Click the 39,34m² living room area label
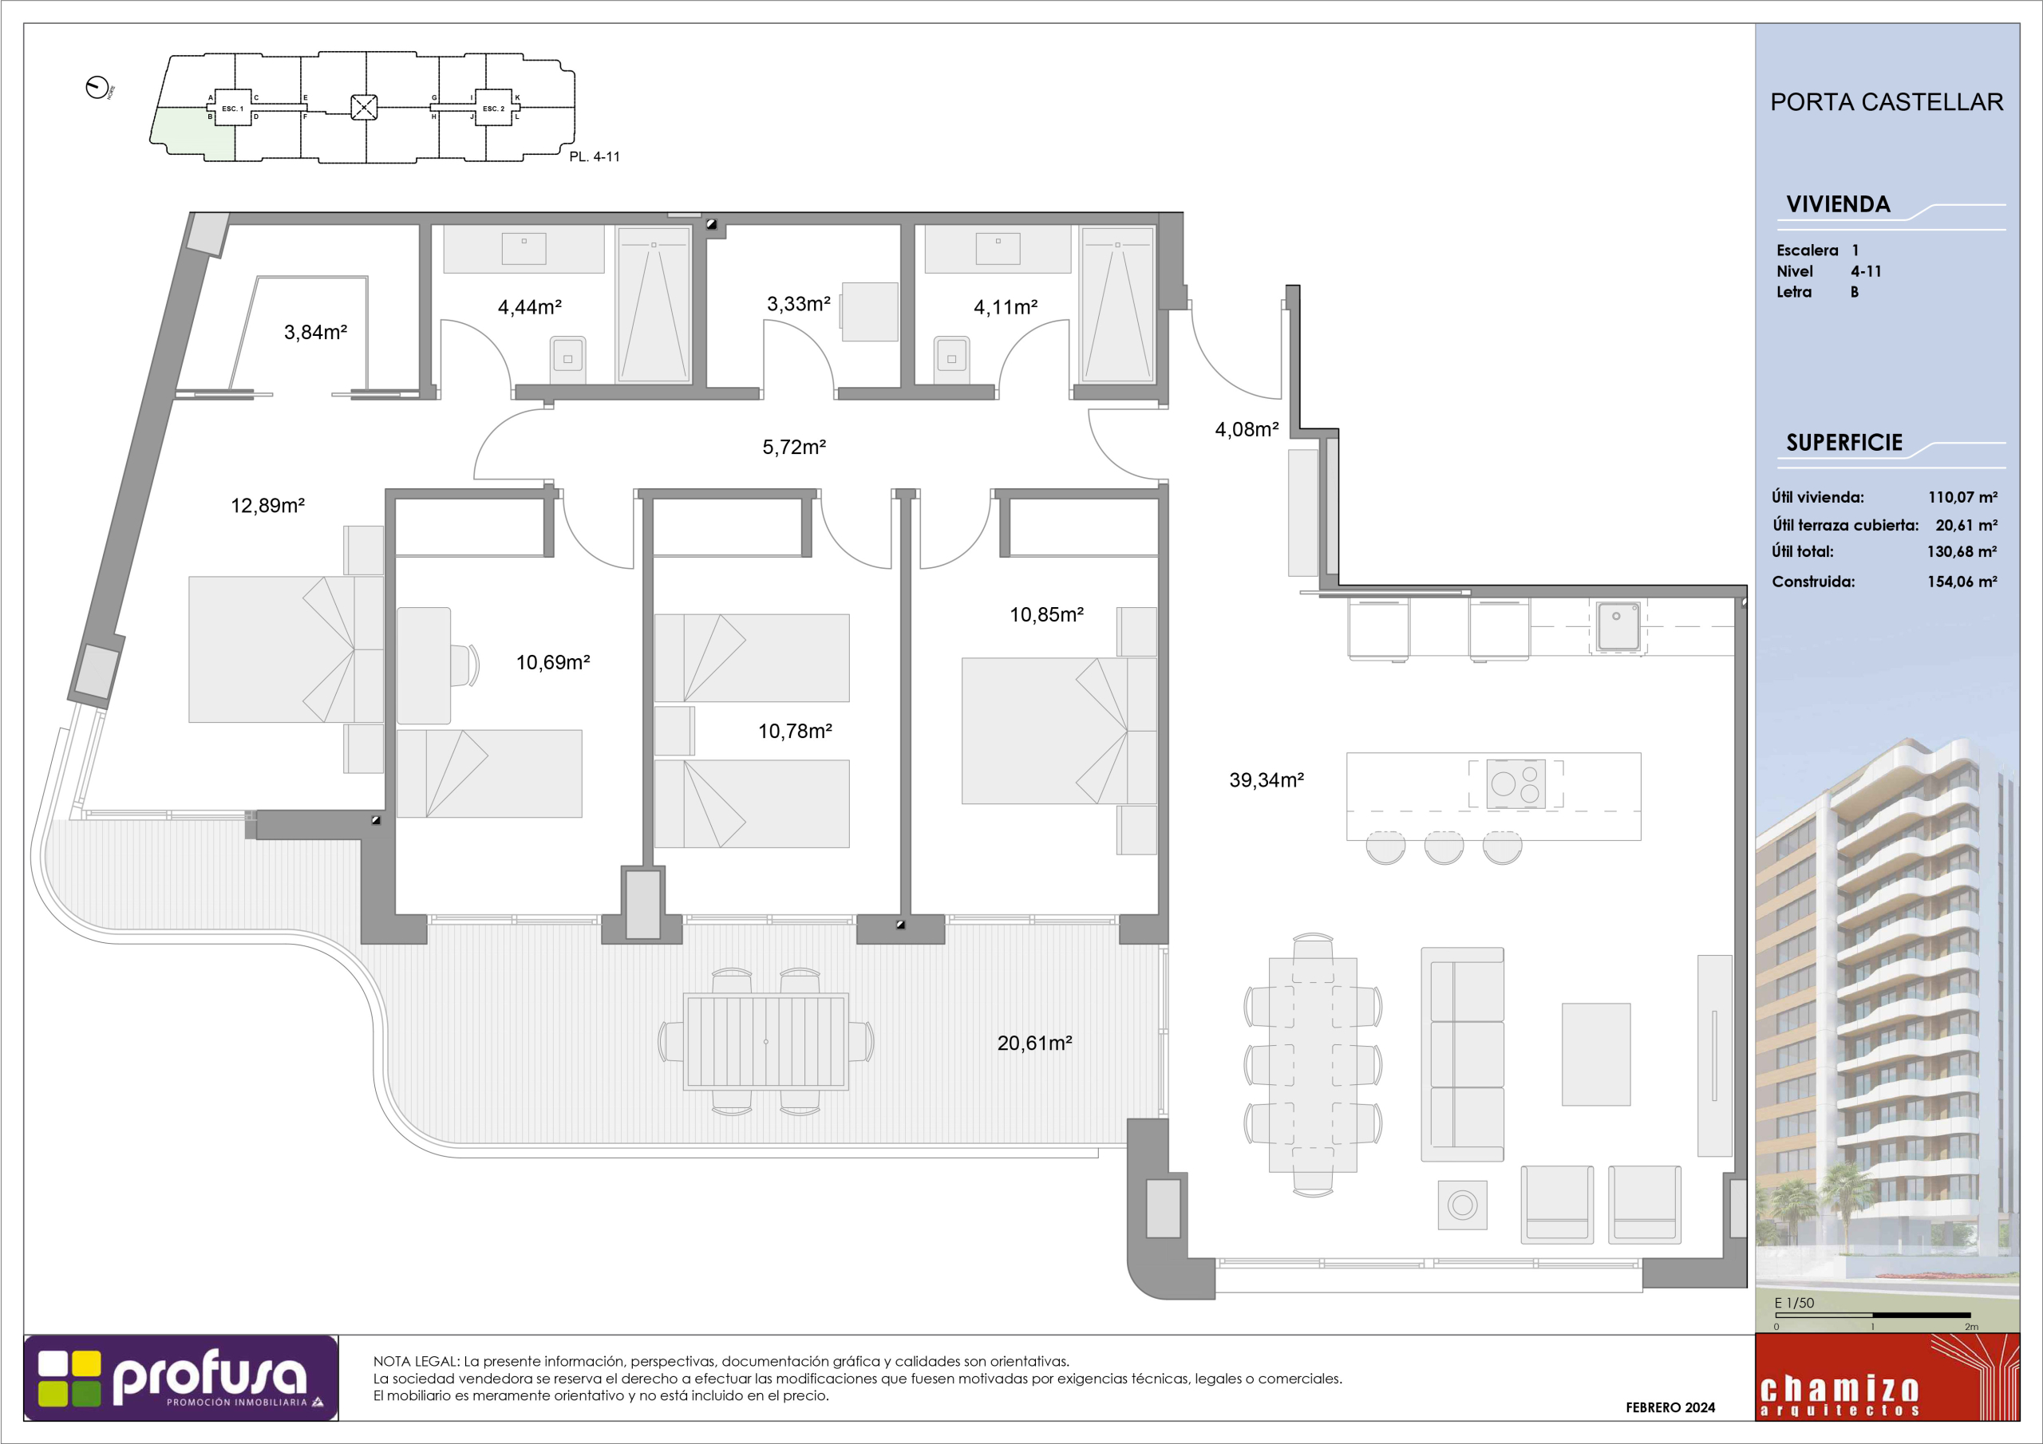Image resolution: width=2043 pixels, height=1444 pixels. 1267,780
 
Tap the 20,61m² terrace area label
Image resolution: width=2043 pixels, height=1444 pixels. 1034,1043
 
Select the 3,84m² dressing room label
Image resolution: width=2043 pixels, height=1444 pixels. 315,332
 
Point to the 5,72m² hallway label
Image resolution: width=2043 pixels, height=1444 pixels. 794,447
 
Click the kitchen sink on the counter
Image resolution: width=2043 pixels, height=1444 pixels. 1617,625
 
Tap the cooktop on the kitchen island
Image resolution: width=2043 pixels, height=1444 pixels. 1515,784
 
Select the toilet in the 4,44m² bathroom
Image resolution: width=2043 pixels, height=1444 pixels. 567,360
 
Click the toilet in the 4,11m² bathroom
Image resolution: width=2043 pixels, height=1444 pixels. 951,360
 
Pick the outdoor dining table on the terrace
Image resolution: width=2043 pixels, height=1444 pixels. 765,1041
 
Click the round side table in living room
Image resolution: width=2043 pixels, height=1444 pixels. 1462,1205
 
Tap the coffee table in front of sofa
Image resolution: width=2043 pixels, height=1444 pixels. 1596,1055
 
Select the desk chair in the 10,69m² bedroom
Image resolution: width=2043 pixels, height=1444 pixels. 466,665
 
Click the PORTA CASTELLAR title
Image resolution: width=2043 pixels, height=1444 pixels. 1887,102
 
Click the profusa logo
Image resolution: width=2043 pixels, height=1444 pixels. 180,1378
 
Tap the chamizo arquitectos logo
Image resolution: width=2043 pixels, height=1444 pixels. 1887,1377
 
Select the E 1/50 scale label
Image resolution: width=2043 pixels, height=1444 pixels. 1794,1304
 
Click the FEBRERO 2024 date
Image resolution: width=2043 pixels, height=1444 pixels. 1670,1407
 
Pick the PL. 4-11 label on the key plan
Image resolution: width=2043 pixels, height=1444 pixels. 595,156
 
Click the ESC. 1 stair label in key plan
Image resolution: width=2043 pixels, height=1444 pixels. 232,108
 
